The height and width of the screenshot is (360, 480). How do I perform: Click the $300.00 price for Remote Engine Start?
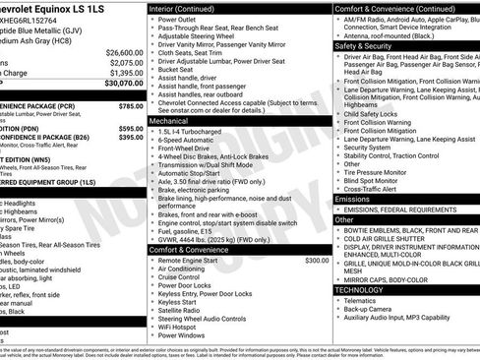317,261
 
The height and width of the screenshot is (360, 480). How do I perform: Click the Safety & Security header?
362,45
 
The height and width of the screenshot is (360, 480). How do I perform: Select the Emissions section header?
353,199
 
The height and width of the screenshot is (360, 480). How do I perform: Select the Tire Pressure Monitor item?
381,172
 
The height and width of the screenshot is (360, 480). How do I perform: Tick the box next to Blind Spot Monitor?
338,180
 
